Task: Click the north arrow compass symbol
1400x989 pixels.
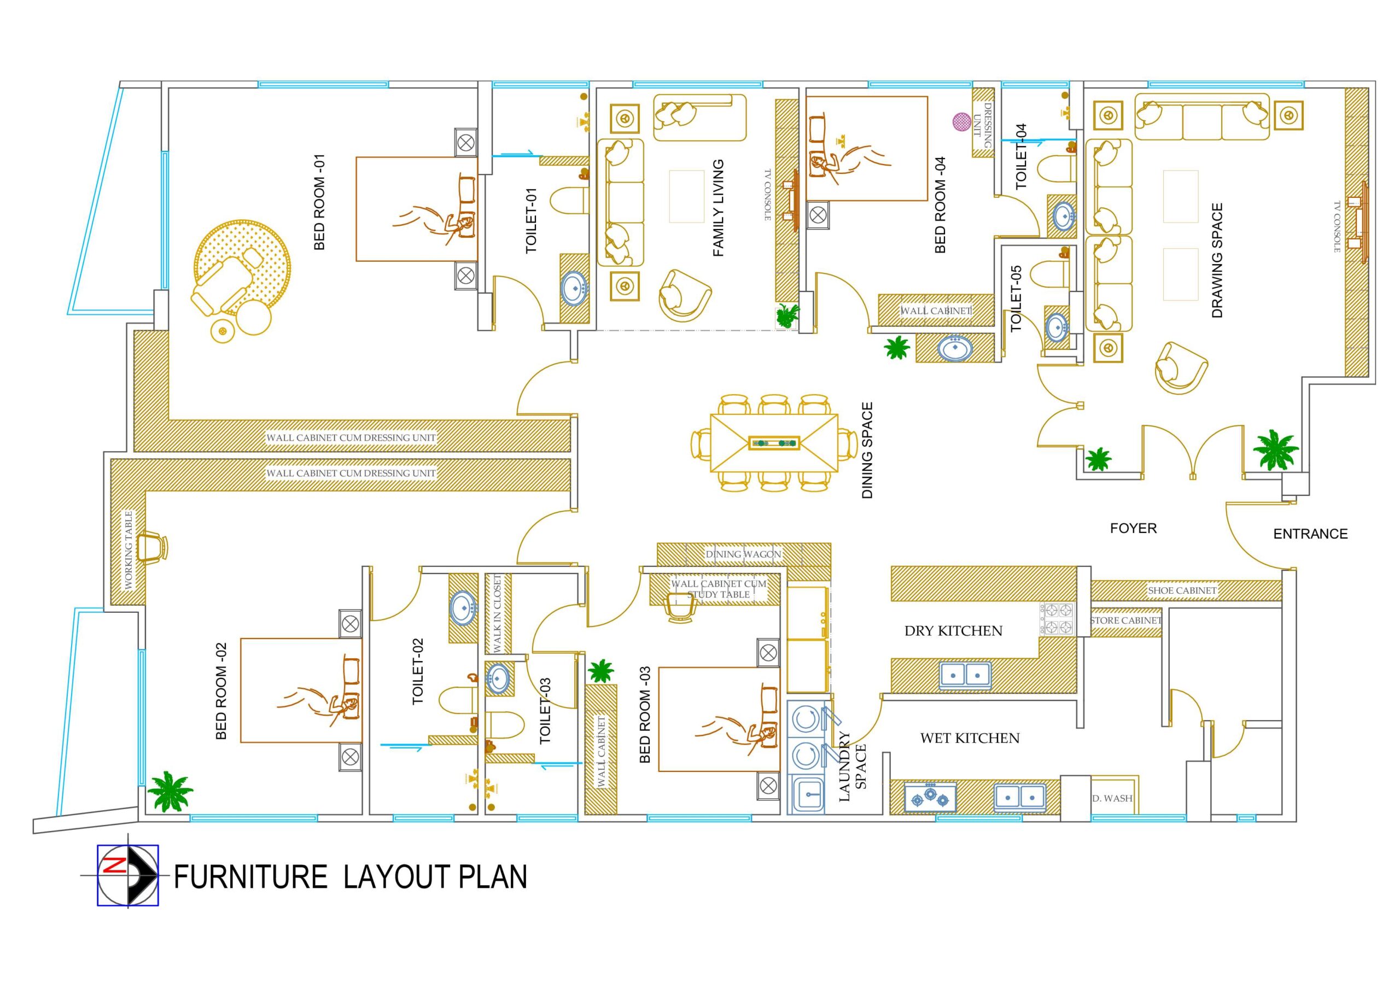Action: (128, 876)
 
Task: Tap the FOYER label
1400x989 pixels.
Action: (1133, 528)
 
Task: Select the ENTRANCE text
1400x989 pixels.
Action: (1310, 534)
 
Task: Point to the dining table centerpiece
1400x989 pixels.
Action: (774, 442)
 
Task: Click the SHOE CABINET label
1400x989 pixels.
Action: (1182, 590)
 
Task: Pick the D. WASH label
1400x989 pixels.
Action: (1112, 798)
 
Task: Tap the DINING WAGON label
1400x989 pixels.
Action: (743, 554)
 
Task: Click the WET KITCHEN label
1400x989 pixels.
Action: (970, 739)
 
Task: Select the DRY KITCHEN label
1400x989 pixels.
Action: (953, 631)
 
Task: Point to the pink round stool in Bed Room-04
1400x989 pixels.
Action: (961, 121)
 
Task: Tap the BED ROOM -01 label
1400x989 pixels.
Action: (319, 202)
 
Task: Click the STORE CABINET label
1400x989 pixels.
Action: (1125, 620)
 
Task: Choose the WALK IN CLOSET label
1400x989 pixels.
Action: (497, 613)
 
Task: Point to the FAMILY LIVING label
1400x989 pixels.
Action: (718, 208)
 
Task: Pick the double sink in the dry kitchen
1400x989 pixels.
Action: (965, 675)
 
